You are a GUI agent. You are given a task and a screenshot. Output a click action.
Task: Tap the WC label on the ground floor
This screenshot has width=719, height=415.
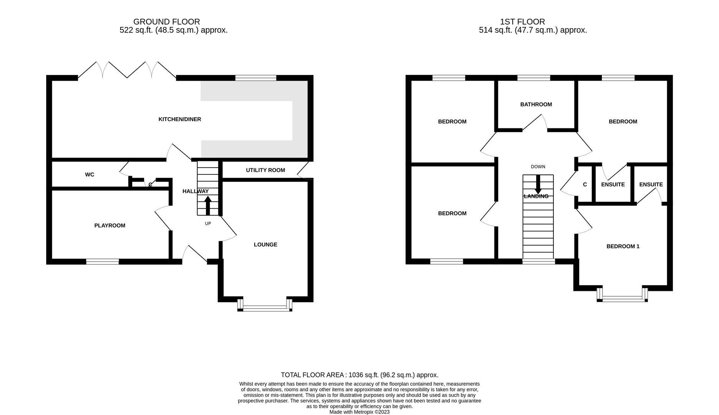89,174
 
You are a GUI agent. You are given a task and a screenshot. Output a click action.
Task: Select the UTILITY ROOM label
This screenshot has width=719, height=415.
265,170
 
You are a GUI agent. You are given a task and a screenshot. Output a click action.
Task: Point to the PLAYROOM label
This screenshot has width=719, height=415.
110,226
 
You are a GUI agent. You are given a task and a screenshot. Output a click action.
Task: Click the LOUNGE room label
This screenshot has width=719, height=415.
265,244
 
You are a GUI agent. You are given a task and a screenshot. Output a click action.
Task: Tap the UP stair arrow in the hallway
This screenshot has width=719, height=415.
208,206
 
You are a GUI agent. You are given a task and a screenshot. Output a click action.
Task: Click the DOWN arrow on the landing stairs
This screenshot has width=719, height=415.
538,184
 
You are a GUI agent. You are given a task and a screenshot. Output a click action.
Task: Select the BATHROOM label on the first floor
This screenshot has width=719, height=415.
536,104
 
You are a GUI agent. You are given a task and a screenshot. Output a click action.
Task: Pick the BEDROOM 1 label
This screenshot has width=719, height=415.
623,246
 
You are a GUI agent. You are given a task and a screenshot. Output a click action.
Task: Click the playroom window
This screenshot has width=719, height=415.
103,262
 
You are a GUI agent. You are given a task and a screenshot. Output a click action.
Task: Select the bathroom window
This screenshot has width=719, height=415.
533,78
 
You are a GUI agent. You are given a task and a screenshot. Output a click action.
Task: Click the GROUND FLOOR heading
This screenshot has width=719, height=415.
167,22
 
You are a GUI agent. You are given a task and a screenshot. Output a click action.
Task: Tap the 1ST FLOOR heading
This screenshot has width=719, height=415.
522,22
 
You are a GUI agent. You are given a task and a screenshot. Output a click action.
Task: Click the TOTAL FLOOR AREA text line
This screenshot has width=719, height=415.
359,375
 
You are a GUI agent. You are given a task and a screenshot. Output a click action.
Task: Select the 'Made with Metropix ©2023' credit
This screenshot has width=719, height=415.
359,412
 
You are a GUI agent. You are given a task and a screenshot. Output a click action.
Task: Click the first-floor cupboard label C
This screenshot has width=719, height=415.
585,184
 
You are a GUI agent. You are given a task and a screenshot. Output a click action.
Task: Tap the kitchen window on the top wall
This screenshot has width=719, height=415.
256,78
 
